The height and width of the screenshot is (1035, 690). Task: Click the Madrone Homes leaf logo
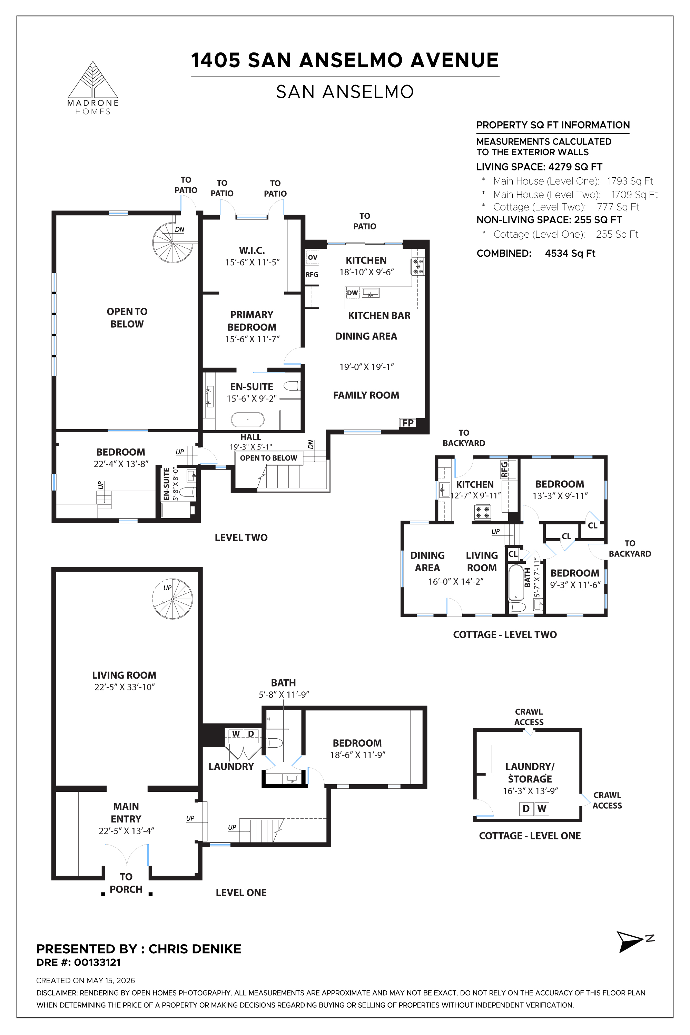(x=92, y=80)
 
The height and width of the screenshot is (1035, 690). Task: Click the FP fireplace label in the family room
(x=408, y=423)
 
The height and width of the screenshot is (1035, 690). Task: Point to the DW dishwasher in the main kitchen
(x=353, y=293)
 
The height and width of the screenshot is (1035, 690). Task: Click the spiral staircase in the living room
(x=172, y=599)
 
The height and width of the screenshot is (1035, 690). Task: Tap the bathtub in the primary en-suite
(x=248, y=420)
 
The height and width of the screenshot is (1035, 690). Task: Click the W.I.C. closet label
(x=252, y=251)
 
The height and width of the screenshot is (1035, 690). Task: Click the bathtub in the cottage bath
(x=516, y=582)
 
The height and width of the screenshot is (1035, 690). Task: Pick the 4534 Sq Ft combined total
(x=570, y=254)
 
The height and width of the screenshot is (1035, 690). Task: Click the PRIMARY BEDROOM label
(x=252, y=321)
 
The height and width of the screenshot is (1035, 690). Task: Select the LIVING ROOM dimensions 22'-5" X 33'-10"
(x=125, y=687)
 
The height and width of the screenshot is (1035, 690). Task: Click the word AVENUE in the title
(x=454, y=60)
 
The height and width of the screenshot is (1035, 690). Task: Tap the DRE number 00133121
(x=97, y=963)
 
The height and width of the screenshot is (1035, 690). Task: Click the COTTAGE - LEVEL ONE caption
(x=530, y=836)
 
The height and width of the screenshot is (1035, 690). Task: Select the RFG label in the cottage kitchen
(x=504, y=469)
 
